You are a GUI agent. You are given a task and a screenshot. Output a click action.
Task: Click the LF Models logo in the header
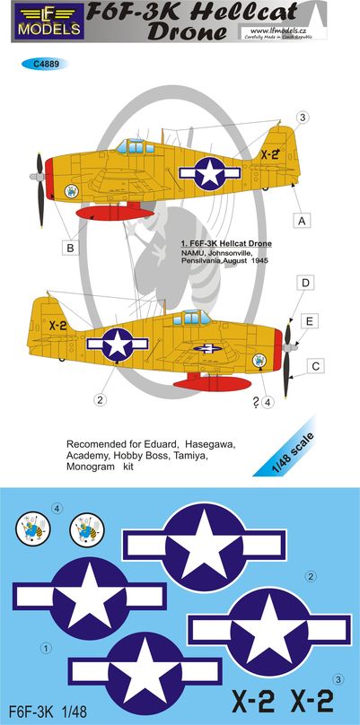[48, 21]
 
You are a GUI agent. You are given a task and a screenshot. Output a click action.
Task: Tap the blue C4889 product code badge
[44, 65]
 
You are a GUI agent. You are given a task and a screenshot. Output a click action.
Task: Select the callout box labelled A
[302, 222]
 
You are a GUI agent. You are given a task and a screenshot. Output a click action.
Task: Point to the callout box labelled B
[70, 249]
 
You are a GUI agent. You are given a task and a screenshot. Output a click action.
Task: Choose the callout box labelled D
[305, 283]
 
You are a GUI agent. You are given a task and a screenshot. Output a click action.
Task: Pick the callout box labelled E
[310, 321]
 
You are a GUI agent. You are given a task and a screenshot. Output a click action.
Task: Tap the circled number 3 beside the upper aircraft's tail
[303, 118]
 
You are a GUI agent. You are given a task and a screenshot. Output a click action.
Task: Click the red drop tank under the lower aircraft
[213, 382]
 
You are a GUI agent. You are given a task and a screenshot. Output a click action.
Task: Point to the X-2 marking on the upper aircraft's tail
[269, 155]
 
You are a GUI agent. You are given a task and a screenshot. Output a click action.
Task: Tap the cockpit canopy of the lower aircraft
[191, 318]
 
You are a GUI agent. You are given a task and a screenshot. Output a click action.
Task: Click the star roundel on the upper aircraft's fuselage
[210, 173]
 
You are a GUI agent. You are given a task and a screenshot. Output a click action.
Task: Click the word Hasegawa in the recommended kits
[211, 444]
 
